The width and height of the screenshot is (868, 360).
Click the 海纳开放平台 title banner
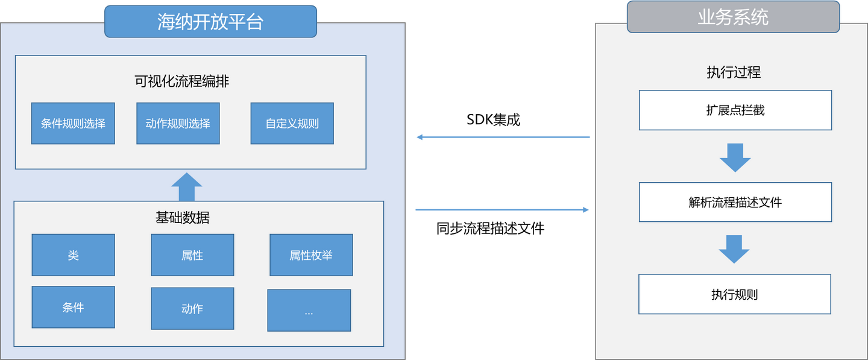[210, 21]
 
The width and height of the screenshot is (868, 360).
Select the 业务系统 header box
[733, 17]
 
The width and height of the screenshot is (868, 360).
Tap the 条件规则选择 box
[73, 124]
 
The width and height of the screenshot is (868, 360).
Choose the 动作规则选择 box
[178, 124]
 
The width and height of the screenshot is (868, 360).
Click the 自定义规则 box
[292, 124]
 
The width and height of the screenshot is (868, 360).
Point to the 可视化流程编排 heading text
[181, 81]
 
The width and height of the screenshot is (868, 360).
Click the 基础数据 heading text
[182, 217]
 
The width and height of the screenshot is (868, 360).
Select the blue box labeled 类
[73, 255]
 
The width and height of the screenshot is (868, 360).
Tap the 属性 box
[192, 255]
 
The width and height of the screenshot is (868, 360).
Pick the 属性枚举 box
[311, 255]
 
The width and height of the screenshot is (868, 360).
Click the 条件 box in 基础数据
[73, 308]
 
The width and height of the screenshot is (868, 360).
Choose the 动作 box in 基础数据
[192, 309]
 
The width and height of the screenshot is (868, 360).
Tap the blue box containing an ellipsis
[309, 311]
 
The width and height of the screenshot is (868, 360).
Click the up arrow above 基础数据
[187, 187]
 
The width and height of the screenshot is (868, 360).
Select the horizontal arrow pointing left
[503, 137]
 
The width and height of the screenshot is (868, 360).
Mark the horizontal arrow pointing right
[503, 210]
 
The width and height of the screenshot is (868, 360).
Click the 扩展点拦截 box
[735, 110]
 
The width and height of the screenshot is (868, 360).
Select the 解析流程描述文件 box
[735, 202]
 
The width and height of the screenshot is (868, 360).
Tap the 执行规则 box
[735, 294]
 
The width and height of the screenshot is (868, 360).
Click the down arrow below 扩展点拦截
[735, 157]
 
